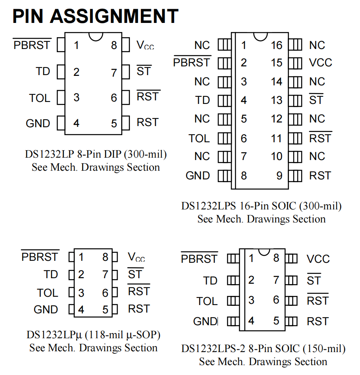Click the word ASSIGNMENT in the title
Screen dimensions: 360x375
tap(114, 16)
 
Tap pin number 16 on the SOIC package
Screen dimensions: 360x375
tap(276, 45)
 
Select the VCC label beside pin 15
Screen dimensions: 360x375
tap(321, 63)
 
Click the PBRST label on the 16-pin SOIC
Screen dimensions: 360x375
tap(191, 63)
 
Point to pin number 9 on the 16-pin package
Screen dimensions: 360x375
tap(279, 176)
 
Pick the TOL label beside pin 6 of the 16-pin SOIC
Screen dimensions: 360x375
tap(199, 138)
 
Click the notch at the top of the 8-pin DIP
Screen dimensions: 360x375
tap(96, 37)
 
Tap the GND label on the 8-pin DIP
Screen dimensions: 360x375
tap(38, 123)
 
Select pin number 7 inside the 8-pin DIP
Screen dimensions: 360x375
tap(114, 73)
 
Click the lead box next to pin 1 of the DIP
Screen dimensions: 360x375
tap(61, 45)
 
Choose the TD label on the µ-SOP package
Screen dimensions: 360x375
tap(51, 274)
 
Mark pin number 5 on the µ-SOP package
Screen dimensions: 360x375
tap(105, 310)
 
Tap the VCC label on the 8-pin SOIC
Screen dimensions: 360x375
tap(318, 259)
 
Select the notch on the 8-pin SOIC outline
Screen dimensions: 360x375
tap(264, 252)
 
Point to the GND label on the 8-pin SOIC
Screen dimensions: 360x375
tap(205, 321)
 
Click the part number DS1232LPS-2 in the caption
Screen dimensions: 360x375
tap(213, 349)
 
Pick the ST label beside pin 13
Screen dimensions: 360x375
tap(316, 100)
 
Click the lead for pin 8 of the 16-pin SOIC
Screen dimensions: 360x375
tap(225, 176)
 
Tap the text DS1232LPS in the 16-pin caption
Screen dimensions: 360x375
tap(208, 206)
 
